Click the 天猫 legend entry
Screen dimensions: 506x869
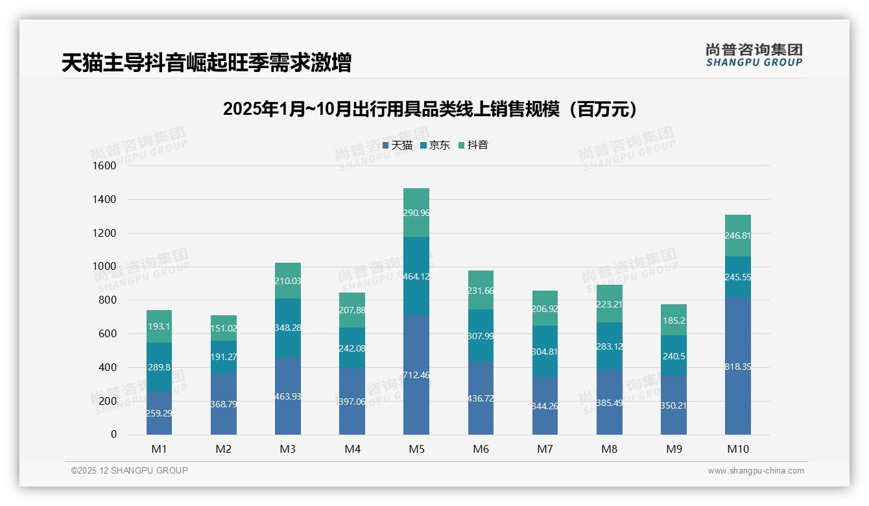(x=398, y=145)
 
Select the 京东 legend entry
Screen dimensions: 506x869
(x=435, y=145)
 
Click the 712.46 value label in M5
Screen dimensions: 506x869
(x=416, y=375)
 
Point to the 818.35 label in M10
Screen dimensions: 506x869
(x=738, y=367)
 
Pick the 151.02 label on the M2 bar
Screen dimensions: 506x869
(x=224, y=328)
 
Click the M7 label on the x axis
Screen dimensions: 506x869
(x=545, y=449)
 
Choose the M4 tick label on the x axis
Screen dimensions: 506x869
(x=352, y=449)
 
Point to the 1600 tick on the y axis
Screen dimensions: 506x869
(x=104, y=166)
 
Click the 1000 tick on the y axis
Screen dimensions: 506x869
(x=104, y=267)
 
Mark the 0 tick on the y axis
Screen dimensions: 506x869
(x=113, y=435)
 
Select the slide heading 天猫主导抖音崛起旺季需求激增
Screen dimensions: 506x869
(x=206, y=63)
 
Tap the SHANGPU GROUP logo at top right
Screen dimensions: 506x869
(x=754, y=54)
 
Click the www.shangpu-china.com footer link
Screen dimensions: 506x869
(x=756, y=471)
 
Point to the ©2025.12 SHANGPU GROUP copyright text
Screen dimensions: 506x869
(x=130, y=470)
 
